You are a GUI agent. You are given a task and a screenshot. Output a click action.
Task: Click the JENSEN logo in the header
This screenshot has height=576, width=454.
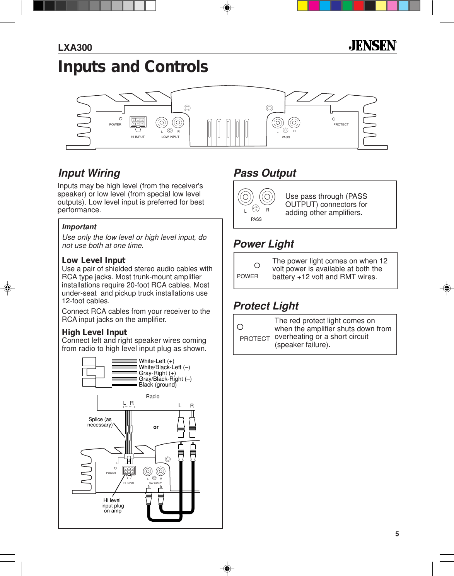(372, 46)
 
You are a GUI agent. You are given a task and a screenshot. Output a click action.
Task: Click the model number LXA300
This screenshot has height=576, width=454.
(75, 48)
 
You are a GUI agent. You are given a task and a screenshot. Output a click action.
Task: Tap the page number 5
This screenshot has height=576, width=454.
(397, 534)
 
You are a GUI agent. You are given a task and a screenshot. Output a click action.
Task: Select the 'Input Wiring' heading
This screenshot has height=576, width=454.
(89, 173)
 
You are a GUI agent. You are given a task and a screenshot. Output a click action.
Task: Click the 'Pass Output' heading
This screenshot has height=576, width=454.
(265, 173)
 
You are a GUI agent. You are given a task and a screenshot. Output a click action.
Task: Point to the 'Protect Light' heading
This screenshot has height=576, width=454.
(266, 306)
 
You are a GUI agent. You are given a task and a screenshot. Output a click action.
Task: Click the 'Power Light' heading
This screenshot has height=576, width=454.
(264, 244)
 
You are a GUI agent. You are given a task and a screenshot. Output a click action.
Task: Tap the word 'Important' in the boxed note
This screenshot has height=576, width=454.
(79, 227)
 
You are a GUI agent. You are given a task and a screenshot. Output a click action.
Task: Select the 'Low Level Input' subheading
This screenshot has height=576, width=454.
(94, 260)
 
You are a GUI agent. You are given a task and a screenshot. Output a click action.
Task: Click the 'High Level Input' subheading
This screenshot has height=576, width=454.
(94, 332)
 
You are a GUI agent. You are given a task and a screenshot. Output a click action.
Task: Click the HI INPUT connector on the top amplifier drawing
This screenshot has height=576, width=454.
(138, 122)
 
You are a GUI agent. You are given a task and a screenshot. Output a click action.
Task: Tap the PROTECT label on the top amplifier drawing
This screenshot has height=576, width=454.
(341, 124)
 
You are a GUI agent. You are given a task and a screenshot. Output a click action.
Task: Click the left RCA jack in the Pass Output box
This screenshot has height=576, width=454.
(246, 197)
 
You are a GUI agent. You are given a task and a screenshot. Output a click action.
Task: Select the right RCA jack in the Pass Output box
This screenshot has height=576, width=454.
(267, 197)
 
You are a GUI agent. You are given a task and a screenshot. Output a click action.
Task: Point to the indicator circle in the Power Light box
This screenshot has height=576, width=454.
(257, 265)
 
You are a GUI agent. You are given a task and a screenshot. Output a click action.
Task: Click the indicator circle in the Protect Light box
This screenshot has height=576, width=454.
(240, 327)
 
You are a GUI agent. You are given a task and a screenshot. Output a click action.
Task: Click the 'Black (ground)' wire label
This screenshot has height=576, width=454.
(157, 385)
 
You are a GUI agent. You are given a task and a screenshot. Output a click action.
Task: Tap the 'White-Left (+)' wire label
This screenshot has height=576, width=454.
(156, 361)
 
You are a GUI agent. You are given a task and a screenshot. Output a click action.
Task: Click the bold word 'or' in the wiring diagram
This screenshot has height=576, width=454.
(156, 427)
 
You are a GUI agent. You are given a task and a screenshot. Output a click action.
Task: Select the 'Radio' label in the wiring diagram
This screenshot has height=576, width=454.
(153, 396)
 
